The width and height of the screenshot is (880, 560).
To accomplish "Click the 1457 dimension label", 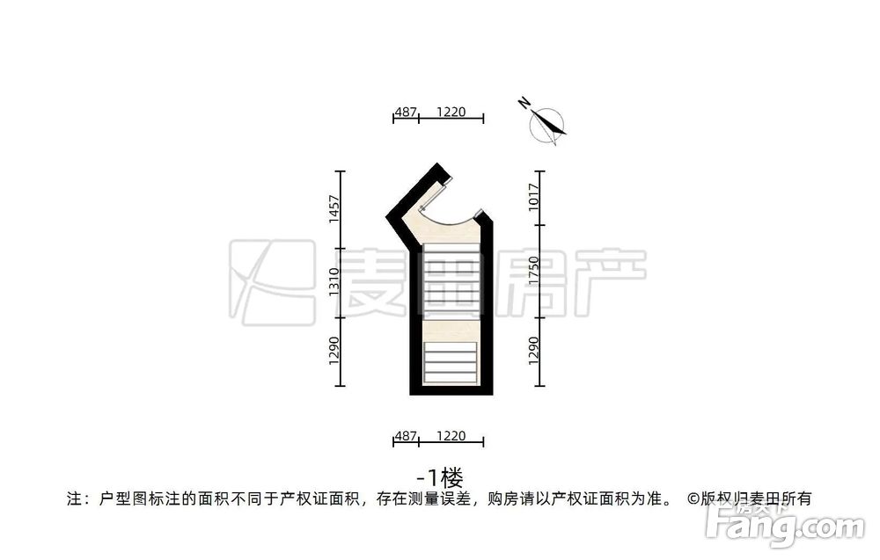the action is click(x=334, y=209).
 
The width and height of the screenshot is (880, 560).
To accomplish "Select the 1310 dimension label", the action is click(x=334, y=282).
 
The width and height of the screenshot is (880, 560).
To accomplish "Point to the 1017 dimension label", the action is click(x=534, y=197).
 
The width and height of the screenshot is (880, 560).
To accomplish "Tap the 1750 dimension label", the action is click(x=534, y=272).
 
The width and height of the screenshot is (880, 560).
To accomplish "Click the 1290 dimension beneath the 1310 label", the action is click(x=334, y=351).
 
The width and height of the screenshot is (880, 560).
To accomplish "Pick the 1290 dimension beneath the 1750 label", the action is click(x=534, y=351).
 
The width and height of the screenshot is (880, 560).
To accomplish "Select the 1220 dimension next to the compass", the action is click(x=451, y=113).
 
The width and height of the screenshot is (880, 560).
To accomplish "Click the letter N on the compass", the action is click(x=524, y=103).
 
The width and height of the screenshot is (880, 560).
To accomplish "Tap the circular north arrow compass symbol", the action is click(x=547, y=125).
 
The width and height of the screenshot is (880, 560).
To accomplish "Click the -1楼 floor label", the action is click(x=440, y=478).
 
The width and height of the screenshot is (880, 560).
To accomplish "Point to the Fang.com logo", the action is click(x=786, y=525).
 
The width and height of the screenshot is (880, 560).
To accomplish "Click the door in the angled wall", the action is click(x=435, y=194).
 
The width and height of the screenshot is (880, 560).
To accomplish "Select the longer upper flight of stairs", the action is click(x=451, y=280).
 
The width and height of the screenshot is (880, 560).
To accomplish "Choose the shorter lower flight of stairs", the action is click(x=450, y=363).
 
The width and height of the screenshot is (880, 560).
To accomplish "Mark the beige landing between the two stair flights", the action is click(x=451, y=329).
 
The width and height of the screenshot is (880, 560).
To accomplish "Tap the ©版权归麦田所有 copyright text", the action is click(x=750, y=498).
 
